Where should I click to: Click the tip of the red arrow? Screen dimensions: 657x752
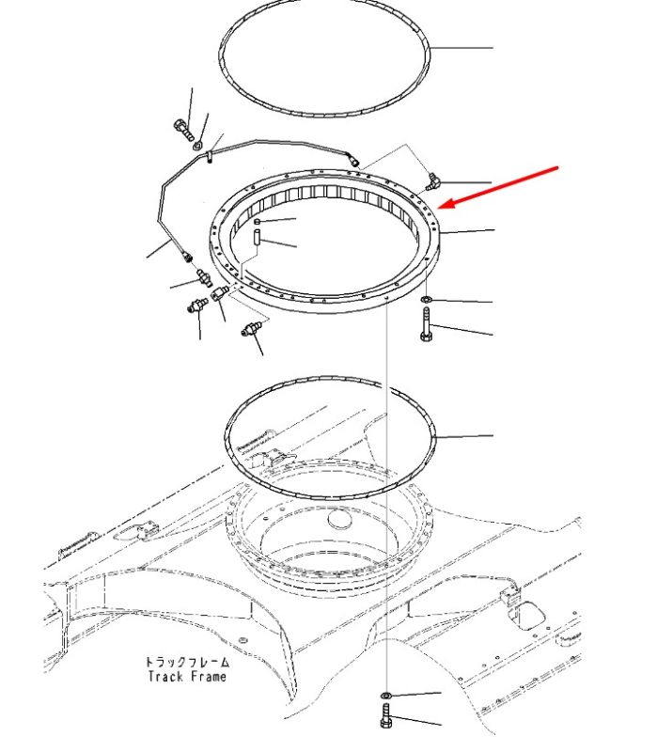(438, 208)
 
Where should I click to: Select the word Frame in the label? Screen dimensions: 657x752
(209, 677)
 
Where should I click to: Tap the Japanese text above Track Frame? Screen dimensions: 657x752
(187, 662)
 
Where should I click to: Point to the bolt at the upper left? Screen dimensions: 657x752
(183, 129)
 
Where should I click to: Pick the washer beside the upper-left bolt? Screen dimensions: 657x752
(198, 145)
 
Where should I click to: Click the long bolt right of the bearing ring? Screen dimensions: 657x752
(427, 324)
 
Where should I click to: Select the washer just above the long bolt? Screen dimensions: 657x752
(426, 300)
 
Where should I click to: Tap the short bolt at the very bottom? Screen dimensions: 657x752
(386, 716)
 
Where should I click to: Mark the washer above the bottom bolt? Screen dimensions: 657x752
(385, 695)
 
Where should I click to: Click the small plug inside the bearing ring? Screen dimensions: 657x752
(257, 221)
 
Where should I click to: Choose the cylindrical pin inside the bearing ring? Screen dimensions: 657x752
(257, 238)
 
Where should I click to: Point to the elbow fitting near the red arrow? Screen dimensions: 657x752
(431, 181)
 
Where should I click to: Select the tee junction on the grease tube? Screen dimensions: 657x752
(210, 155)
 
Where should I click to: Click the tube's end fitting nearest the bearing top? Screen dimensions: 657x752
(353, 161)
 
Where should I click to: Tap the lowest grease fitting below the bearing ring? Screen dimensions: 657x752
(251, 329)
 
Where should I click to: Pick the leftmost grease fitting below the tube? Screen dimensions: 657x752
(197, 305)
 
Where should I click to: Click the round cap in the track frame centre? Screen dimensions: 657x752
(339, 519)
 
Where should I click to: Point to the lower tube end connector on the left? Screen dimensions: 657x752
(186, 257)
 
